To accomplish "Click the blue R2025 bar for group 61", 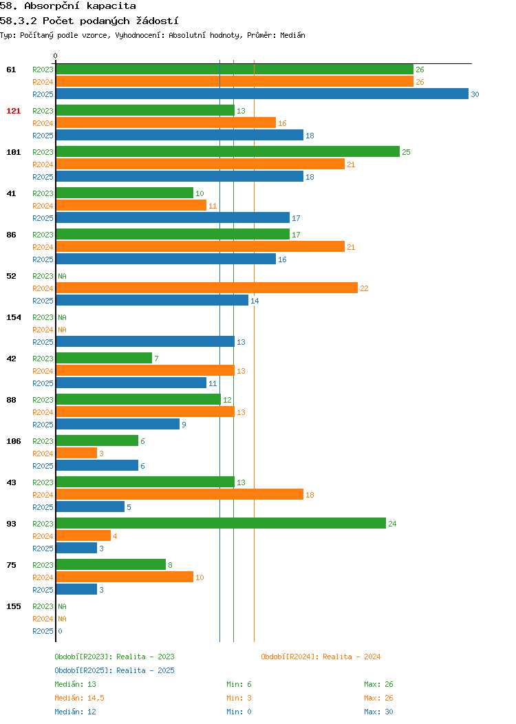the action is coord(262,94).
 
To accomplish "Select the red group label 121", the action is coord(13,111).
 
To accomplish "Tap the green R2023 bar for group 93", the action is coord(221,523).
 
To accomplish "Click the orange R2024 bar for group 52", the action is coord(207,288).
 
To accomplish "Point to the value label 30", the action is coord(475,94).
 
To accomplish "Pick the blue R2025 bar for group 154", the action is coord(145,341).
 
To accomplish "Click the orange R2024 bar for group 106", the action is coord(76,453).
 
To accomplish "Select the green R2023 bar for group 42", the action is coord(104,358).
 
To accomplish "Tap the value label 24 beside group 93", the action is coord(392,524).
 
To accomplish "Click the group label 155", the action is coord(13,606).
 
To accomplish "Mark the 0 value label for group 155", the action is coord(60,631).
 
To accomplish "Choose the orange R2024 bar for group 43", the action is coord(180,494).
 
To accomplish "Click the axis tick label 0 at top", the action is coord(56,56).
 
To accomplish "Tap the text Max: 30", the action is coord(378,712).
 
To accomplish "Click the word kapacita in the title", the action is coord(111,6).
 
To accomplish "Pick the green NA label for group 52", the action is coord(63,276).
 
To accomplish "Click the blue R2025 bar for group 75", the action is coord(76,589).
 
